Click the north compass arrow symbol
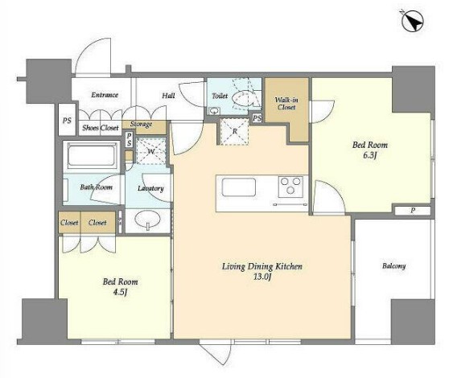(413, 20)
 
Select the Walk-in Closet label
(286, 104)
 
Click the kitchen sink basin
(239, 187)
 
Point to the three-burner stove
(290, 187)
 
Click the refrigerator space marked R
(235, 132)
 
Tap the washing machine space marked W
(150, 151)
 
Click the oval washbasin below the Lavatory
(148, 220)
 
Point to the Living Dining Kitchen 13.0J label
(262, 272)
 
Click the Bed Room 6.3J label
(370, 150)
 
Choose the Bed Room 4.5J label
(120, 287)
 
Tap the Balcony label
(393, 265)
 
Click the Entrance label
(105, 95)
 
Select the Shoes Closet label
(101, 128)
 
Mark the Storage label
(141, 125)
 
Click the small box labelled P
(413, 211)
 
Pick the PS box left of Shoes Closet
(67, 120)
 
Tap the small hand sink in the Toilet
(214, 111)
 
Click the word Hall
(168, 95)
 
